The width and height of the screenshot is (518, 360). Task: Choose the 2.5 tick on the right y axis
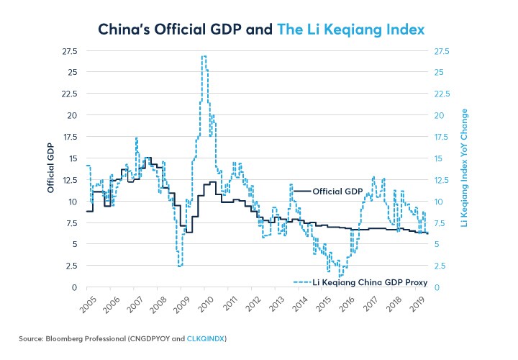[x=441, y=266]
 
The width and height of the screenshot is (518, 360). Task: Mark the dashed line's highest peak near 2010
[x=204, y=56]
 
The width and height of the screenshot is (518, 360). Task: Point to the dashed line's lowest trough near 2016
[x=340, y=276]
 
